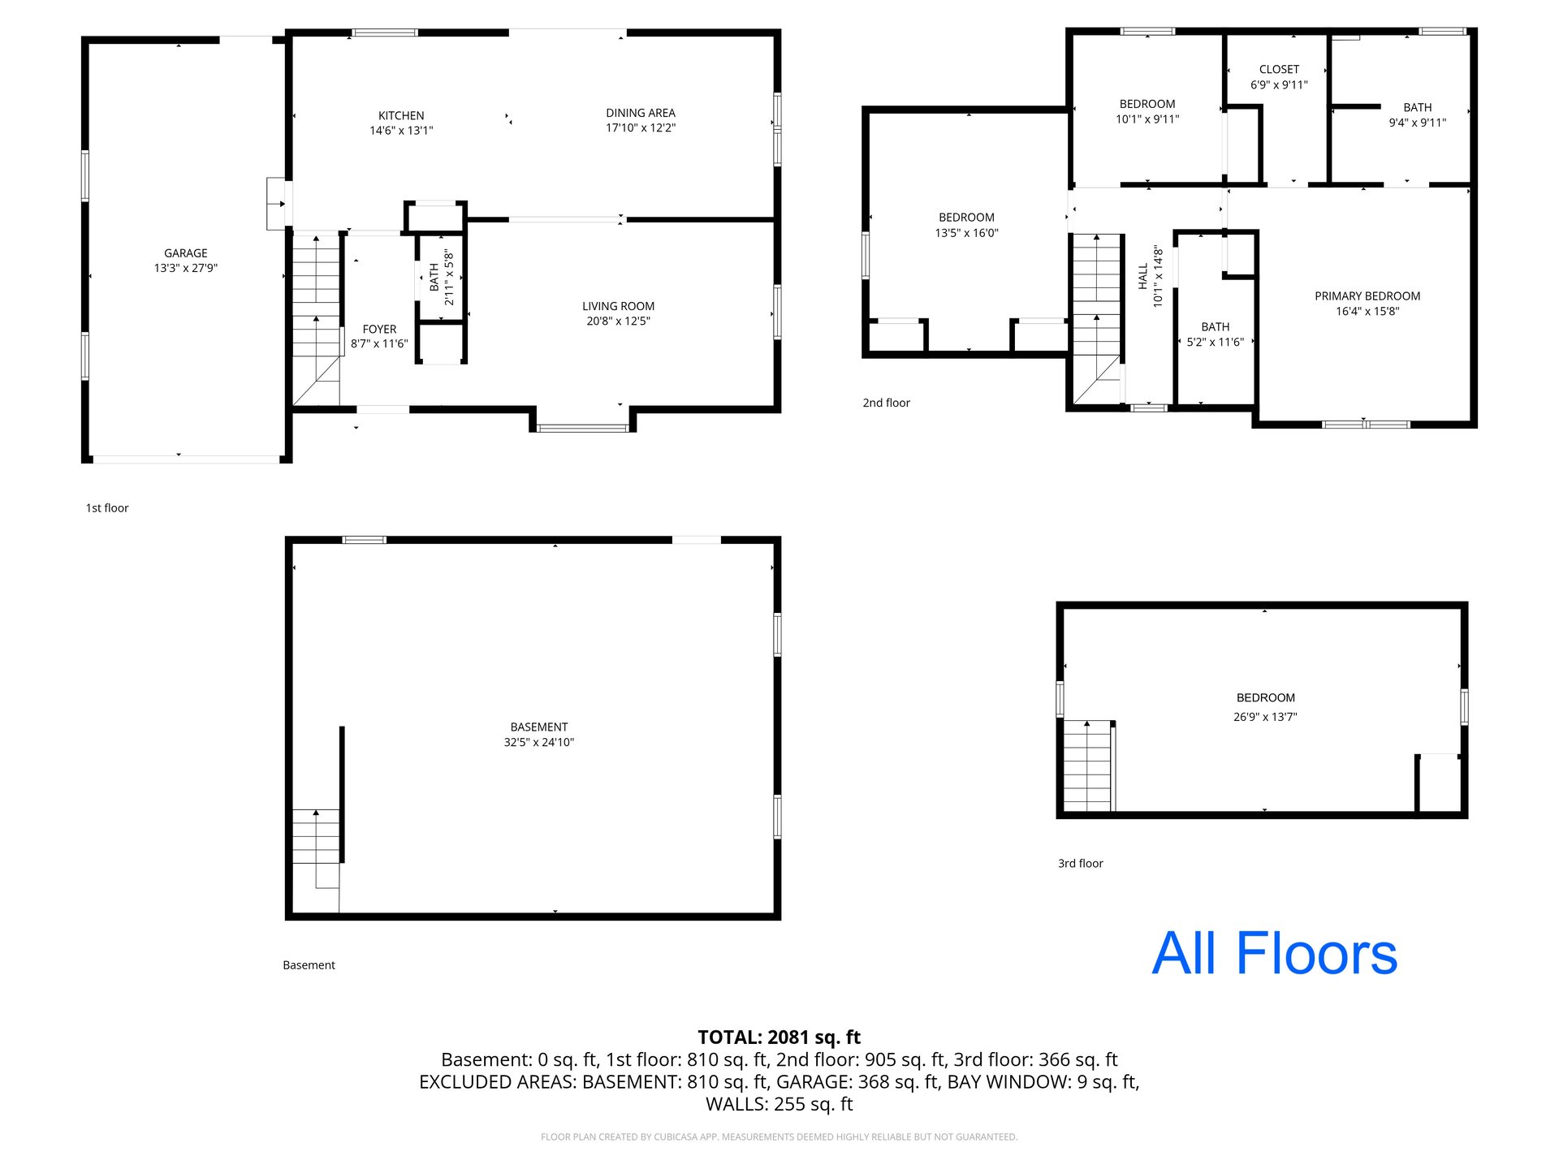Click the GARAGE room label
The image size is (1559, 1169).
point(186,253)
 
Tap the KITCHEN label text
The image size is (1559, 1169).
point(401,116)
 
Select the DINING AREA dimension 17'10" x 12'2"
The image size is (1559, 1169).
point(641,127)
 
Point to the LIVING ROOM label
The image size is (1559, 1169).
point(618,306)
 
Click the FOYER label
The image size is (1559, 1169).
point(379,329)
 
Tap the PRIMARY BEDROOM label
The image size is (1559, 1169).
point(1367,296)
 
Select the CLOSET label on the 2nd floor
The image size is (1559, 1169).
point(1279,70)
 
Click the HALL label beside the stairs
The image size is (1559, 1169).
point(1143,276)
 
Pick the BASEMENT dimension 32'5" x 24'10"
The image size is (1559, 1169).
point(539,742)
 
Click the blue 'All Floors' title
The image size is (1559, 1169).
point(1275,953)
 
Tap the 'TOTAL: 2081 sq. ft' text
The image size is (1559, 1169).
point(779,1037)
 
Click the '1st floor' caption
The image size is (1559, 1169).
point(107,508)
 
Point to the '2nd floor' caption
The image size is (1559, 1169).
point(886,403)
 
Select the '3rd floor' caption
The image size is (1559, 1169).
point(1080,864)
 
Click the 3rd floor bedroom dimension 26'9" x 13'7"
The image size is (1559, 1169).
point(1265,717)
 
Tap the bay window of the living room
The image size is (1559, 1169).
point(582,427)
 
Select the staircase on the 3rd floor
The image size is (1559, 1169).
point(1087,766)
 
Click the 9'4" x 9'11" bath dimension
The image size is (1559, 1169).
point(1418,123)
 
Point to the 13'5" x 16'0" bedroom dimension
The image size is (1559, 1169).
point(966,233)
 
